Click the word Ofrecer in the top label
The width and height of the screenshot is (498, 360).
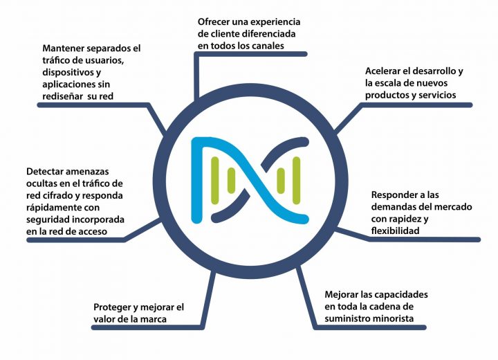click(x=213, y=22)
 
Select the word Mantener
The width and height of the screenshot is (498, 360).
click(x=63, y=48)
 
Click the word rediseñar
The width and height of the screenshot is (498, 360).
click(x=62, y=96)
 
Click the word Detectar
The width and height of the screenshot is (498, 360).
click(x=45, y=172)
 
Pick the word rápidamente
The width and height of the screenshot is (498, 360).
click(x=53, y=208)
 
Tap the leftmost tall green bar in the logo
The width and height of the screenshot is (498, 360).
click(x=215, y=180)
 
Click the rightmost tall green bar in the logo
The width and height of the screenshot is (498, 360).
click(x=296, y=180)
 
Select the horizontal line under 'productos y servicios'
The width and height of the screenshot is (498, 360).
click(x=417, y=105)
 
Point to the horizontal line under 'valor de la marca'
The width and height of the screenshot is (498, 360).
click(x=148, y=327)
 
